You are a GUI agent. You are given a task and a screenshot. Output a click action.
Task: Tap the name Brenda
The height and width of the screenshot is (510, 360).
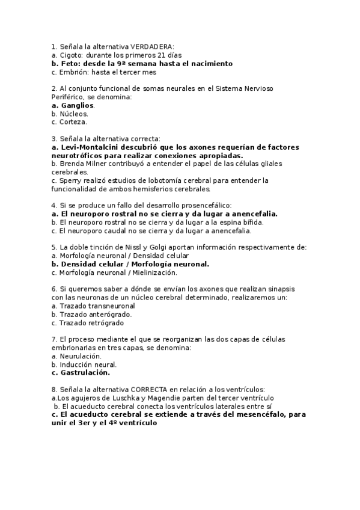(73, 164)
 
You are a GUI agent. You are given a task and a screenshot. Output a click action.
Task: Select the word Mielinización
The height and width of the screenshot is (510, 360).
(159, 272)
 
